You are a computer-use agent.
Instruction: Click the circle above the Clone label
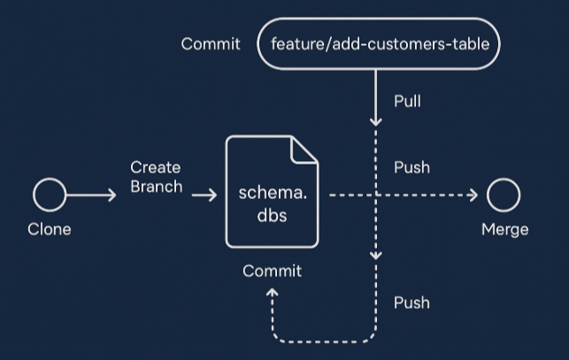click(x=50, y=195)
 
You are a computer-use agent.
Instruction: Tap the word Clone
click(x=50, y=229)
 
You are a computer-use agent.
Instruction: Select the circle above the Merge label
click(x=504, y=195)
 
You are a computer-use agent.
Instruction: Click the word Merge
click(x=504, y=229)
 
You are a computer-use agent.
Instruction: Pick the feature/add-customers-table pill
click(x=379, y=44)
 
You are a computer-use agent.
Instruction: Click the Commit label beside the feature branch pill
click(x=211, y=44)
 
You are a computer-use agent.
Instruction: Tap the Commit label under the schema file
click(x=273, y=271)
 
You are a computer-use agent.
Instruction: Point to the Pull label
click(x=407, y=101)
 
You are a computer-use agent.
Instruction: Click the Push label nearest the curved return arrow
click(x=411, y=303)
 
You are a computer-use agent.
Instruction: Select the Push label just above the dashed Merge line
click(x=411, y=167)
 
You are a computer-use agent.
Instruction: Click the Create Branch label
click(x=156, y=177)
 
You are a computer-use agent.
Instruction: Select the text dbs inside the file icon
click(x=273, y=213)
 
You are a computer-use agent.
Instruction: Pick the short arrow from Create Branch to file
click(x=204, y=195)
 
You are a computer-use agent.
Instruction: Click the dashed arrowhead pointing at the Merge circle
click(x=473, y=195)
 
